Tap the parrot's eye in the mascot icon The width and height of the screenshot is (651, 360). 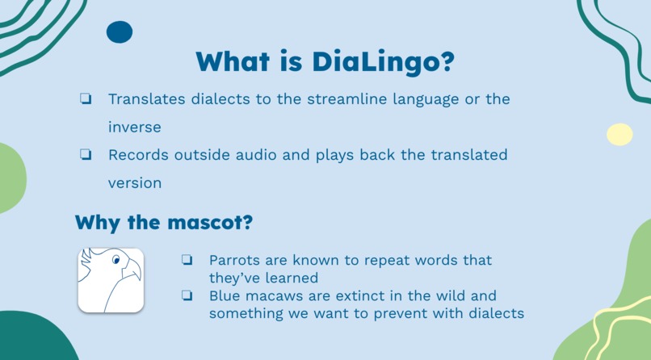pyautogui.click(x=116, y=260)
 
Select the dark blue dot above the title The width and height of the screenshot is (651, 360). pyautogui.click(x=120, y=32)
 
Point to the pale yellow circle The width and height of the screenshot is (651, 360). pyautogui.click(x=619, y=134)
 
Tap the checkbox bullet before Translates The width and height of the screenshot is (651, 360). pyautogui.click(x=85, y=99)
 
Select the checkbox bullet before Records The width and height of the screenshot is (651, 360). pyautogui.click(x=85, y=155)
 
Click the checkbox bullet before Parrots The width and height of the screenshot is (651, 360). pyautogui.click(x=187, y=260)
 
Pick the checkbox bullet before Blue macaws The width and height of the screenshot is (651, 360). pyautogui.click(x=187, y=295)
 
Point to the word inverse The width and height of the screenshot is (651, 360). pyautogui.click(x=135, y=127)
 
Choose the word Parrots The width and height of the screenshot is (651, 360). pyautogui.click(x=234, y=260)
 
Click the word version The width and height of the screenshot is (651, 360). pyautogui.click(x=135, y=182)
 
